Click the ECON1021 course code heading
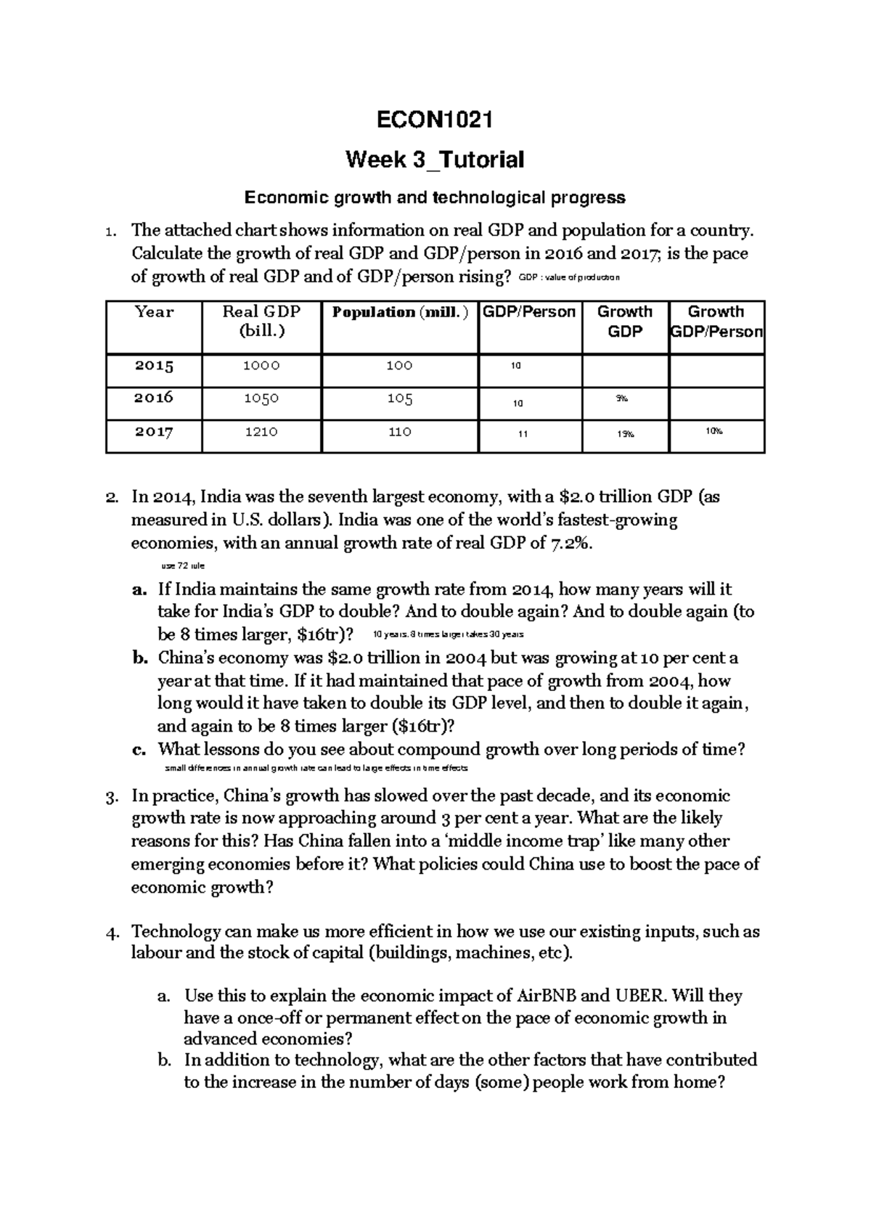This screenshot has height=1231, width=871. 435,120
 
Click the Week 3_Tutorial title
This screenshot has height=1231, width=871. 435,160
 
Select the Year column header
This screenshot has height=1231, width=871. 155,312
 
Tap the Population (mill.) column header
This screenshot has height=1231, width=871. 400,312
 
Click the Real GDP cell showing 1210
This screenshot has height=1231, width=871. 261,432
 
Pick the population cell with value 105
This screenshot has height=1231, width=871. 400,398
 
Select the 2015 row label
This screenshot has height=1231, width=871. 155,366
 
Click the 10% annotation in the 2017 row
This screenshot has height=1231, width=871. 714,431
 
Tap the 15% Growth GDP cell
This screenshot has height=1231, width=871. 625,434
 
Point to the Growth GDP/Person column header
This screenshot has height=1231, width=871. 716,322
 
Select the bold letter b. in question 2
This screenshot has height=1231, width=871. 140,658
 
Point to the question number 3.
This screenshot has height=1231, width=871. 111,797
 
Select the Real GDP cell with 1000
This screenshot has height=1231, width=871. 261,366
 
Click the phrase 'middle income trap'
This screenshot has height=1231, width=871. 540,842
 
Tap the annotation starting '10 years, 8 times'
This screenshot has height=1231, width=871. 447,634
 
